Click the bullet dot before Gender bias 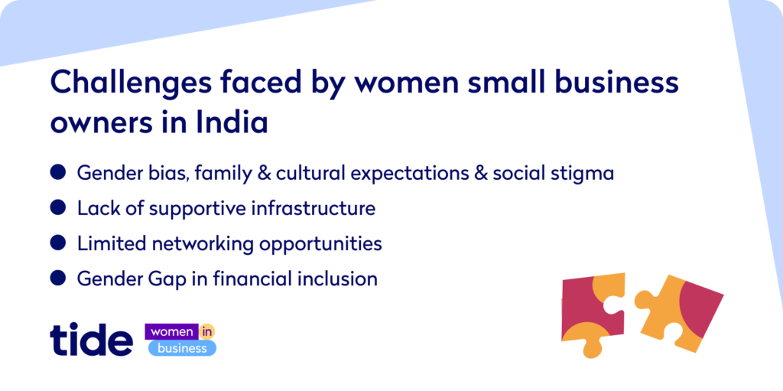[x=58, y=172]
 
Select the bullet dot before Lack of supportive [x=58, y=207]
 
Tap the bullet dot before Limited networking [x=58, y=243]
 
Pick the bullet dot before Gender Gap [x=58, y=278]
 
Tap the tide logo [x=92, y=340]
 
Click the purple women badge [x=171, y=332]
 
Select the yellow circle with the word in [x=206, y=332]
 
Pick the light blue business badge [x=182, y=348]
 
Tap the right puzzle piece [x=679, y=313]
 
